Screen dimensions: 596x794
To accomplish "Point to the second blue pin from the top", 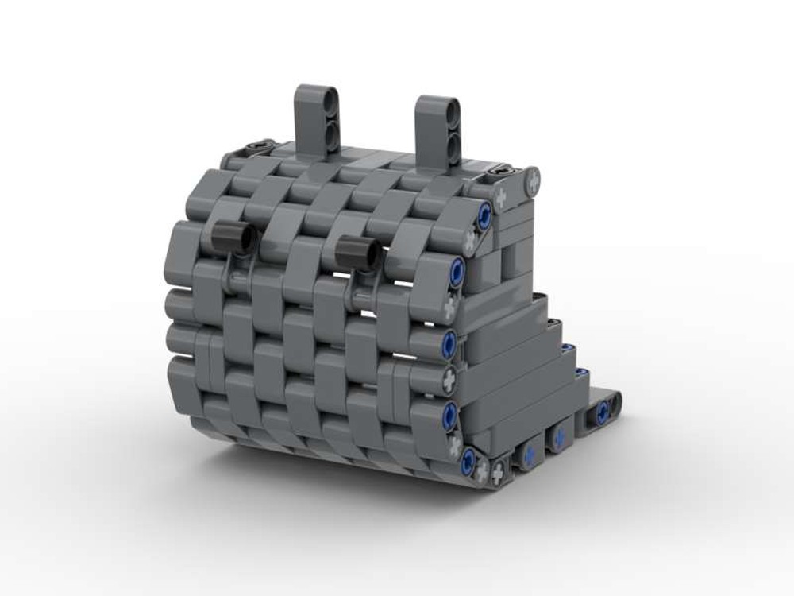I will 457,269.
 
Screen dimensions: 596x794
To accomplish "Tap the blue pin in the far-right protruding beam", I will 603,411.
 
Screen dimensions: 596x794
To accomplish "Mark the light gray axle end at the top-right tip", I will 531,181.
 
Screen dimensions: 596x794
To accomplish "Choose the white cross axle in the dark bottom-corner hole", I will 499,475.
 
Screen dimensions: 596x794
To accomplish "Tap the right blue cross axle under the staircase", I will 559,436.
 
